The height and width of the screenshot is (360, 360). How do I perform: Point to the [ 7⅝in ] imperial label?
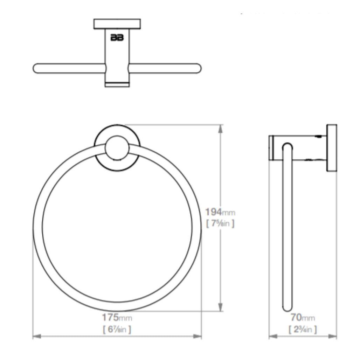coord(220,223)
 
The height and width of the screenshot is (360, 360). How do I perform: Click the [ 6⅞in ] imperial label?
coord(117,329)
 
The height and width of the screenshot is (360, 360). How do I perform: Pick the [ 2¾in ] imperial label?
coord(303,329)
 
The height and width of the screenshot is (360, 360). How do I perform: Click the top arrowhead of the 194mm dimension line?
coord(220,128)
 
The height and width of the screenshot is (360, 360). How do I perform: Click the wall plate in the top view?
coord(117,24)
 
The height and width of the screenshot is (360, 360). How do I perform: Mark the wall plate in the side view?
coord(332,148)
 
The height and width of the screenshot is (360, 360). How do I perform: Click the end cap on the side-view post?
coord(271,147)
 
